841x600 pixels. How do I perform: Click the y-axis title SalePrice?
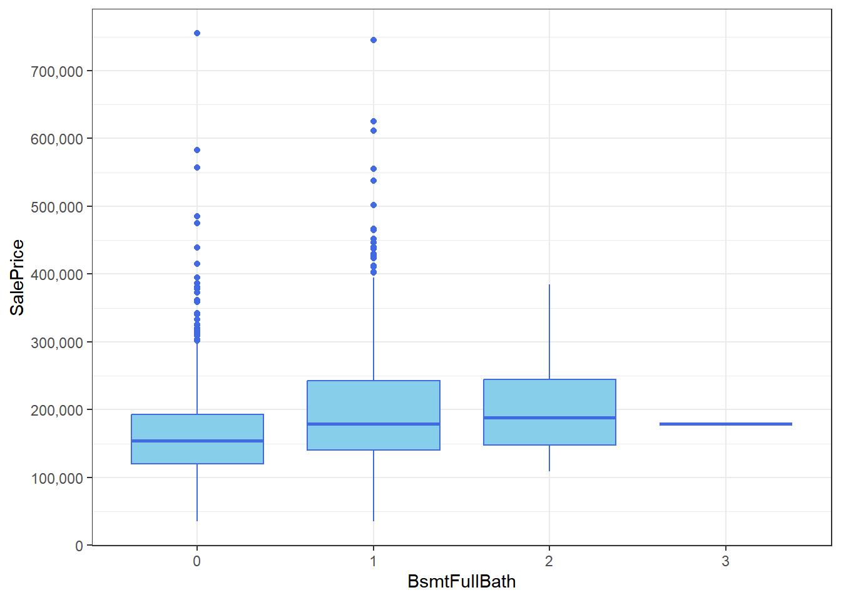coord(17,277)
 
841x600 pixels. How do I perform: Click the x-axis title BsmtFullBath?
coord(461,581)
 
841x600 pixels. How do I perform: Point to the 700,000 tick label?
coord(57,71)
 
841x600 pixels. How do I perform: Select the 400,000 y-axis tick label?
coord(57,274)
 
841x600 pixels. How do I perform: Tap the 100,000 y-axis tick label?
coord(57,478)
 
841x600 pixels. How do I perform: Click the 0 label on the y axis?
coord(79,546)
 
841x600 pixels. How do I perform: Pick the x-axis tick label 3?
coord(725,561)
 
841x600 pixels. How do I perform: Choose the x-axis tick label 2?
coord(549,561)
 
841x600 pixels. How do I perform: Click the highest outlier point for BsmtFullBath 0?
coord(197,33)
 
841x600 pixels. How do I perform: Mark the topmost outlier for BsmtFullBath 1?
coord(374,40)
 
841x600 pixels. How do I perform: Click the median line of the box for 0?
coord(197,441)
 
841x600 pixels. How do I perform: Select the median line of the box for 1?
coord(374,424)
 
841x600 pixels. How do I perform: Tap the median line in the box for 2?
coord(549,417)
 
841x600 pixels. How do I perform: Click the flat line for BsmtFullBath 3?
coord(725,424)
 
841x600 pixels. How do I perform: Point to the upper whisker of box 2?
coord(549,331)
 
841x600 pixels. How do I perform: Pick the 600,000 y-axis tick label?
coord(57,139)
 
